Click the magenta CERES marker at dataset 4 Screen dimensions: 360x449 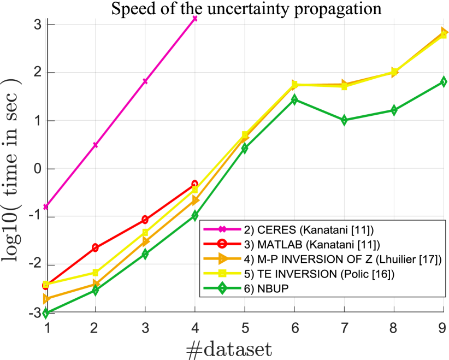[x=195, y=19]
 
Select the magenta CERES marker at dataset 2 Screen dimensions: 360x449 [x=96, y=145]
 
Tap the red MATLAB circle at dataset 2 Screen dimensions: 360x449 [x=96, y=247]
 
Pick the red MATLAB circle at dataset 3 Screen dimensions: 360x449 [x=145, y=219]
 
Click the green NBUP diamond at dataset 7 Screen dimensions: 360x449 [x=344, y=120]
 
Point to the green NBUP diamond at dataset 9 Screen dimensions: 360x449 [x=444, y=81]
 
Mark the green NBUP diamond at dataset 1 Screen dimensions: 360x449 [x=46, y=313]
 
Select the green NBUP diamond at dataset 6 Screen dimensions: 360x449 [x=294, y=99]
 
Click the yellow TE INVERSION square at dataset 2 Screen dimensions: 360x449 [x=96, y=272]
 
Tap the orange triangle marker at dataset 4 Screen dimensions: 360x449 [x=195, y=201]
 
